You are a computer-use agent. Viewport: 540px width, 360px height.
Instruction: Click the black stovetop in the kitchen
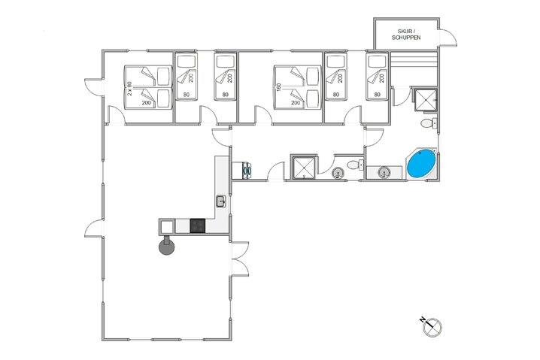(198, 225)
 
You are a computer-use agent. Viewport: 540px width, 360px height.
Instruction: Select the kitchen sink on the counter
(221, 201)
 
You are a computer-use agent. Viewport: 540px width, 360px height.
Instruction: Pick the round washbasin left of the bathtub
(385, 173)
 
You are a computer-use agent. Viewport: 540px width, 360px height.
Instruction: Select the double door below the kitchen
(239, 260)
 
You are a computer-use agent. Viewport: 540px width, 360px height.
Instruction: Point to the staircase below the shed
(414, 68)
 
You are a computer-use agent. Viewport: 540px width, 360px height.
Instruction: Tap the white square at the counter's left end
(166, 225)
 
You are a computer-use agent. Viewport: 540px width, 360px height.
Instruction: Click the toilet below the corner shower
(427, 123)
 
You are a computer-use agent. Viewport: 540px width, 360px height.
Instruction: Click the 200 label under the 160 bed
(296, 102)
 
